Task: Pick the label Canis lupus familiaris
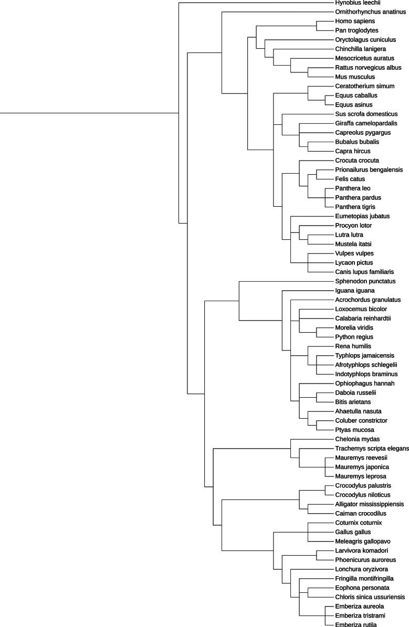364,272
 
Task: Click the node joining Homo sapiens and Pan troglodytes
317,26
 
